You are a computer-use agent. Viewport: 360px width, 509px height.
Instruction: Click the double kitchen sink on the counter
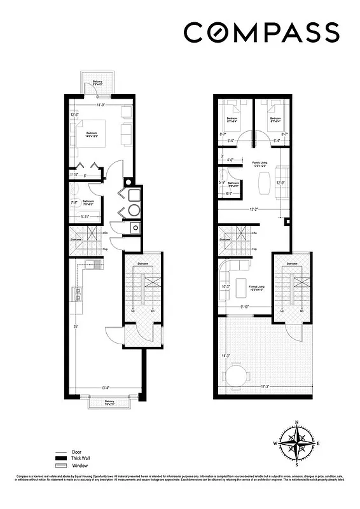coord(79,293)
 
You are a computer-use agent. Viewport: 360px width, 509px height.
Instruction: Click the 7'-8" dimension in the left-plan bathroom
coord(74,203)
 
